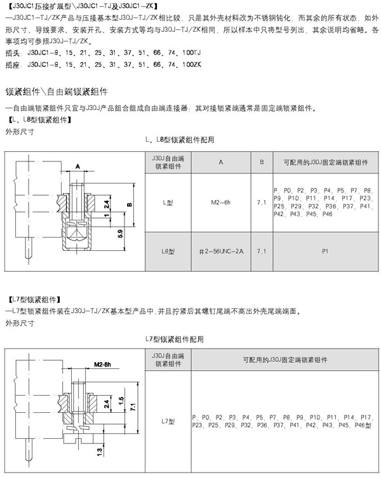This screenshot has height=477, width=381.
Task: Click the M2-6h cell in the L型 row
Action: click(x=221, y=203)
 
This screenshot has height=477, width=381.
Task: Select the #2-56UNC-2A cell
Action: click(x=221, y=252)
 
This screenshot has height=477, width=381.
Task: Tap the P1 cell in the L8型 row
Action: click(x=325, y=252)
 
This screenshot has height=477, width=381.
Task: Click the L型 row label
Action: click(x=168, y=203)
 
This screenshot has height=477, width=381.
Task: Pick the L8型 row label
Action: click(x=168, y=252)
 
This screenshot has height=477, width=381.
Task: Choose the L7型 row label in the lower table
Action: click(x=168, y=421)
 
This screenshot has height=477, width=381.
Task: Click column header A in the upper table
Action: click(x=221, y=162)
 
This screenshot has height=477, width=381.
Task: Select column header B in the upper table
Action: click(x=262, y=162)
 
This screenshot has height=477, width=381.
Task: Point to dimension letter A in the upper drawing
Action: click(x=78, y=166)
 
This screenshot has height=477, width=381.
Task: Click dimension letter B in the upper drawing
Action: click(x=130, y=205)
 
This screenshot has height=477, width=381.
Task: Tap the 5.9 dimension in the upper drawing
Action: click(x=121, y=233)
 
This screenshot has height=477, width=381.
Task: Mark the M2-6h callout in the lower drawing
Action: click(x=102, y=365)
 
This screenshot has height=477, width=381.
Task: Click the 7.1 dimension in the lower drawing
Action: click(x=133, y=407)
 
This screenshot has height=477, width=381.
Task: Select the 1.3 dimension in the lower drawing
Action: click(x=100, y=452)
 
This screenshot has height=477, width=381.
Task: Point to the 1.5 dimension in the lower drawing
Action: click(x=121, y=401)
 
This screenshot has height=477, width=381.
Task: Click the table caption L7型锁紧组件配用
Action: click(x=175, y=339)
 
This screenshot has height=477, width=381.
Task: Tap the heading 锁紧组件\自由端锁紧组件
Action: click(x=57, y=91)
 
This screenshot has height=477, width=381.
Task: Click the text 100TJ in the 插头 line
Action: click(x=192, y=53)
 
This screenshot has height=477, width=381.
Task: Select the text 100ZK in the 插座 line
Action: click(x=192, y=65)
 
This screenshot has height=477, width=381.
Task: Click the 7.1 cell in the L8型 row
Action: click(x=262, y=252)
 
